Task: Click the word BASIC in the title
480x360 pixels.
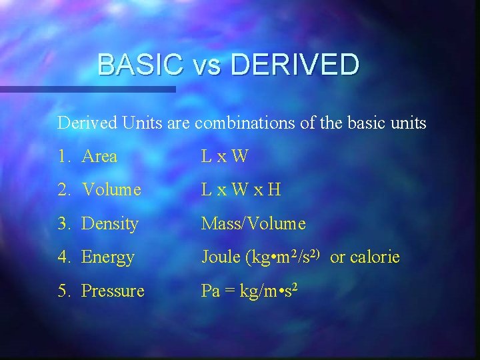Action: click(x=140, y=65)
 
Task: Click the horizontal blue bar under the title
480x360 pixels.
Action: click(x=87, y=89)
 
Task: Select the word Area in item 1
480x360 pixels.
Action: click(x=99, y=157)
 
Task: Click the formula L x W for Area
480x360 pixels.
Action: click(x=225, y=157)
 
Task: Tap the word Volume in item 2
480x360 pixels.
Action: click(x=111, y=191)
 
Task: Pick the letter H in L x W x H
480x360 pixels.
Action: click(x=274, y=191)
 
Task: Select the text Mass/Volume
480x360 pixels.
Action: click(x=253, y=224)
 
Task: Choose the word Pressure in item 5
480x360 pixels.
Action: click(x=113, y=291)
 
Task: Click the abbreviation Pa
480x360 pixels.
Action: click(x=211, y=291)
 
